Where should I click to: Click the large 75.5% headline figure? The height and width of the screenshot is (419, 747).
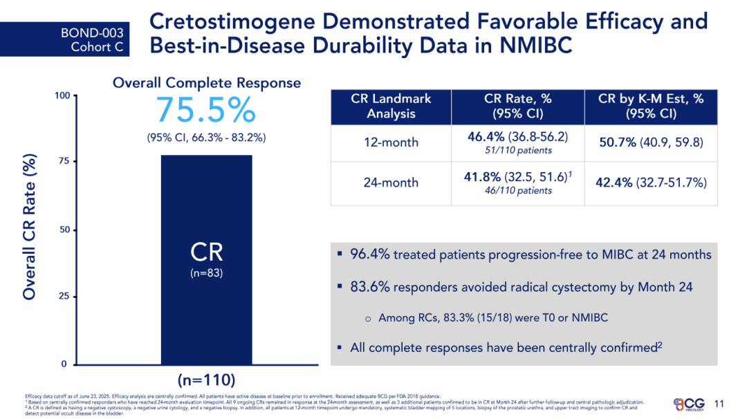click(x=206, y=110)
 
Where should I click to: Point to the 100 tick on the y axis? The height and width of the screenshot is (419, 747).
click(x=62, y=95)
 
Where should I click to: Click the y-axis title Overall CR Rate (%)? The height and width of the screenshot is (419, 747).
click(x=28, y=228)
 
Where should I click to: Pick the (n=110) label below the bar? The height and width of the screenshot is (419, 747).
click(x=206, y=380)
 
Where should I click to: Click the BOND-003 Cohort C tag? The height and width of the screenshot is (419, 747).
click(x=92, y=39)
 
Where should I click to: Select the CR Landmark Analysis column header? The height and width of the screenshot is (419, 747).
click(x=391, y=106)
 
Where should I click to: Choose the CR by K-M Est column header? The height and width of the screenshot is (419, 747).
click(x=650, y=106)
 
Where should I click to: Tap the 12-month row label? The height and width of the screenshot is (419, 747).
click(x=391, y=142)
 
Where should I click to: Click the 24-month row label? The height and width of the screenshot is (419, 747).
click(x=391, y=183)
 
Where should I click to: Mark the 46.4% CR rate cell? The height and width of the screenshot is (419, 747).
click(x=517, y=137)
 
